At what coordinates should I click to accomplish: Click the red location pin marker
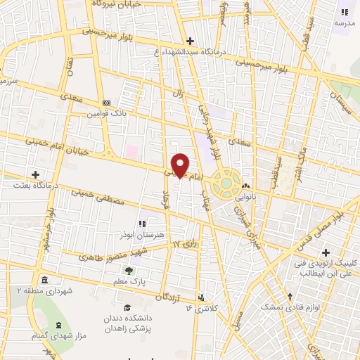pyautogui.click(x=180, y=165)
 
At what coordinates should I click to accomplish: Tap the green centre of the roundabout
pyautogui.click(x=226, y=184)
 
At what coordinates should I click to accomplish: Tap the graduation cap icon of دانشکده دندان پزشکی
pyautogui.click(x=127, y=307)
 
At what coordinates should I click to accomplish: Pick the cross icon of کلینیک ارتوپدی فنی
pyautogui.click(x=325, y=252)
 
